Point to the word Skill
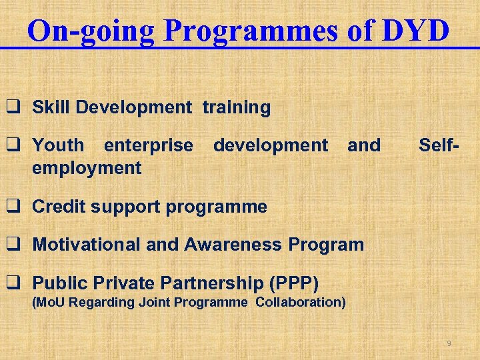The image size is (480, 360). coord(52,107)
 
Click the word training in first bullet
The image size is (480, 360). coord(237,107)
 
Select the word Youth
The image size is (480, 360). coord(59,145)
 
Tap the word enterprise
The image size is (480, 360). coord(149,145)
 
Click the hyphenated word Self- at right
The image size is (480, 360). coord(440,145)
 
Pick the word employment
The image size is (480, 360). coord(87,167)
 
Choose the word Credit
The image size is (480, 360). coord(59,207)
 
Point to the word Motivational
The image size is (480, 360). coord(87,245)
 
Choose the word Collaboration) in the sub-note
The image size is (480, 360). coord(301,303)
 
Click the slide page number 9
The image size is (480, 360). coord(449,343)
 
